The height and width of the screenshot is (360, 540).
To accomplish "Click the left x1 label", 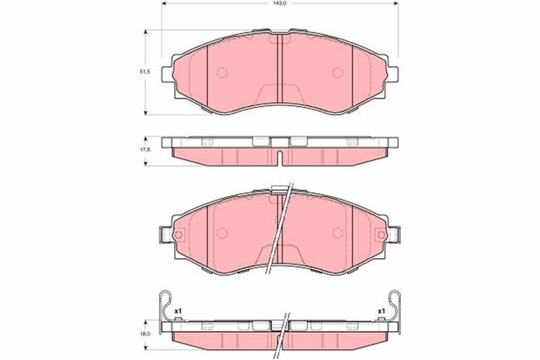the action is pyautogui.click(x=178, y=311).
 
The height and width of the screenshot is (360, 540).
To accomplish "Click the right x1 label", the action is pyautogui.click(x=381, y=311).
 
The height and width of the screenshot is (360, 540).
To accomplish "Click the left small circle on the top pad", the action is pyautogui.click(x=222, y=72).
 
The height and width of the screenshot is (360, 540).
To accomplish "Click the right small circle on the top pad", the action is pyautogui.click(x=337, y=72).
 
